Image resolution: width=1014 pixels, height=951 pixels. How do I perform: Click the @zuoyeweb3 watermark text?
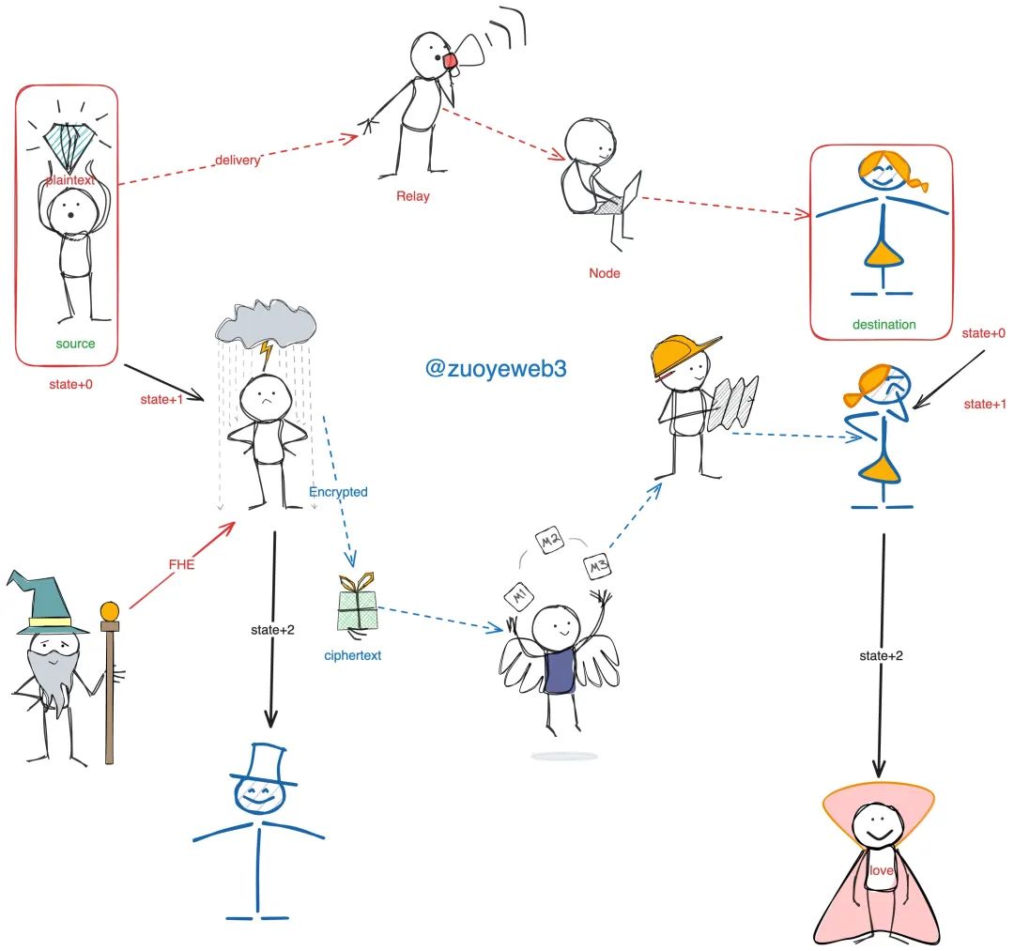point(496,369)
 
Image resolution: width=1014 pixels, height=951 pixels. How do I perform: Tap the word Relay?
point(413,196)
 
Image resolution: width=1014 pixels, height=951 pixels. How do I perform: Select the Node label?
point(605,273)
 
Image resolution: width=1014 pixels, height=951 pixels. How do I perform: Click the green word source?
point(75,344)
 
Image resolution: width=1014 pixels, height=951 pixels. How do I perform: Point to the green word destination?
point(883,325)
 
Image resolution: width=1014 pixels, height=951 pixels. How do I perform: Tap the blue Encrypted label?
point(338,492)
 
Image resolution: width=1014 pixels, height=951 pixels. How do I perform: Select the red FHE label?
point(180,565)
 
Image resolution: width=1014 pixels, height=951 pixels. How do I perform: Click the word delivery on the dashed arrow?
point(237,160)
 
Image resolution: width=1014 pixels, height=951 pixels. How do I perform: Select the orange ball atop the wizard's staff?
point(110,611)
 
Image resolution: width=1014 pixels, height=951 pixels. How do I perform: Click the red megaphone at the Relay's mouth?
point(452,61)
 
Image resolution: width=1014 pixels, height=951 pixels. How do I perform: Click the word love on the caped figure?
point(880,871)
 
